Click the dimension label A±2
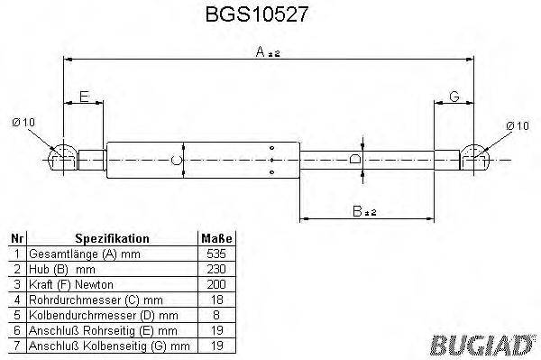pyautogui.click(x=268, y=53)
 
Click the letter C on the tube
pyautogui.click(x=177, y=161)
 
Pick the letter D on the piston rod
pyautogui.click(x=357, y=159)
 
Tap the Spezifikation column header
pyautogui.click(x=112, y=238)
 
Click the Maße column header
pyautogui.click(x=216, y=238)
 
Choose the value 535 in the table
pyautogui.click(x=216, y=254)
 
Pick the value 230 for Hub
pyautogui.click(x=216, y=269)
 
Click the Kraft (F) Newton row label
pyautogui.click(x=69, y=283)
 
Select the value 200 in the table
pyautogui.click(x=216, y=283)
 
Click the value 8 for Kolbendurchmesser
pyautogui.click(x=216, y=314)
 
